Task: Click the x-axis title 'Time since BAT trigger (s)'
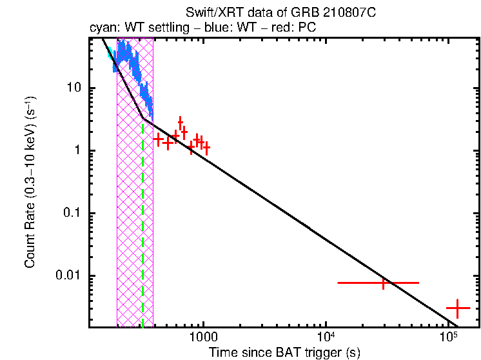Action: click(284, 352)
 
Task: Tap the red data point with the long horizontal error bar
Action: click(384, 283)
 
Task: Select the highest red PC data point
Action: click(180, 122)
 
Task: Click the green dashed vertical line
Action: click(142, 226)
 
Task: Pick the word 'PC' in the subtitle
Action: click(306, 28)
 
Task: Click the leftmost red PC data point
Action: click(158, 139)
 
